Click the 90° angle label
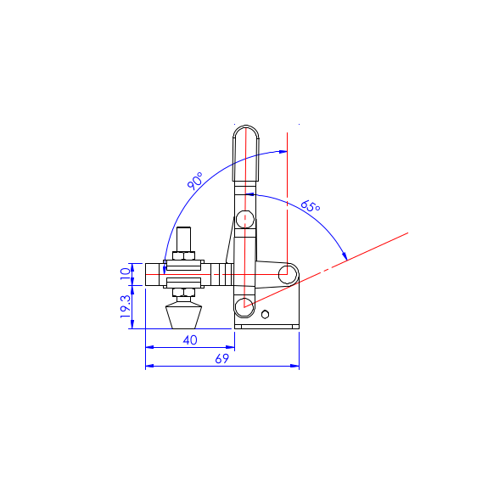pyautogui.click(x=195, y=181)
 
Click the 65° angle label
pyautogui.click(x=311, y=206)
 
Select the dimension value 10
pyautogui.click(x=126, y=273)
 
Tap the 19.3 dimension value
pyautogui.click(x=126, y=306)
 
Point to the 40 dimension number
pyautogui.click(x=190, y=340)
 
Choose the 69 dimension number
pyautogui.click(x=222, y=358)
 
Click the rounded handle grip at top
pyautogui.click(x=245, y=153)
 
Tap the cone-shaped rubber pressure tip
pyautogui.click(x=184, y=316)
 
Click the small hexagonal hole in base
pyautogui.click(x=265, y=315)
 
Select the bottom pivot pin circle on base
pyautogui.click(x=244, y=307)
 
